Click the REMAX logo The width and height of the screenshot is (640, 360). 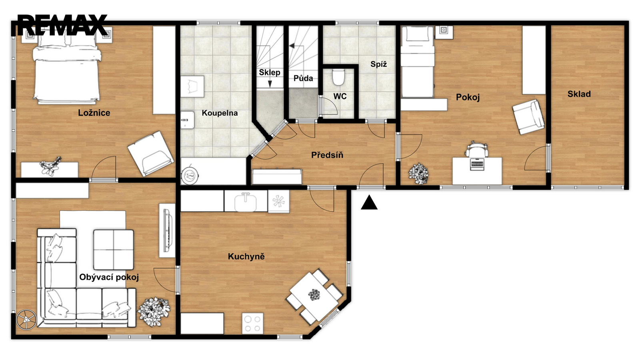tap(62, 25)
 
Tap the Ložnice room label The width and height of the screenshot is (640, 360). tap(94, 113)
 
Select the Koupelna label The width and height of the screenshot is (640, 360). tap(220, 113)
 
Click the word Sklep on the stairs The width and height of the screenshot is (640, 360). tap(270, 72)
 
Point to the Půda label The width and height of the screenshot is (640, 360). tap(303, 78)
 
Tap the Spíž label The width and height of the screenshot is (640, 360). tap(378, 64)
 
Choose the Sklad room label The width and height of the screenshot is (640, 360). tap(579, 94)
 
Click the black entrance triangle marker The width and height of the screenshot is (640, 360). tap(369, 202)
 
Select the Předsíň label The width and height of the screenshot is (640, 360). tap(327, 155)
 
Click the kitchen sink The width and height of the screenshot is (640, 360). tap(246, 202)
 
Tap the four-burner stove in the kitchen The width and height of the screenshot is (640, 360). tap(253, 324)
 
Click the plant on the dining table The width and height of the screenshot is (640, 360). tap(314, 294)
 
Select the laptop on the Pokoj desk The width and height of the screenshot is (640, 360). tap(477, 164)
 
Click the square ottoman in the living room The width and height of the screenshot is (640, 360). tap(114, 250)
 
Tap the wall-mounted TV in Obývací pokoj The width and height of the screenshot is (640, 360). tap(168, 230)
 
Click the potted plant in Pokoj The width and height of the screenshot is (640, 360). tap(418, 174)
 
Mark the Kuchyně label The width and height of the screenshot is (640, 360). tap(246, 256)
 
